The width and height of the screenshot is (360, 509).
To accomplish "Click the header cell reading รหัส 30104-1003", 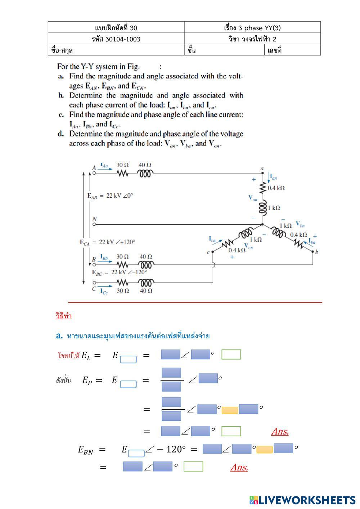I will point(116,39).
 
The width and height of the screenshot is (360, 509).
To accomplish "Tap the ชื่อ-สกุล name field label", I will point(62,50).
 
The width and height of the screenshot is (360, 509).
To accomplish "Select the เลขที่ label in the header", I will point(274,50).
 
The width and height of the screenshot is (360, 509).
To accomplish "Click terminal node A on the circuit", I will point(94,173).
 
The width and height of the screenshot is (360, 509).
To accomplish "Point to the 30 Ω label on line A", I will point(122,165).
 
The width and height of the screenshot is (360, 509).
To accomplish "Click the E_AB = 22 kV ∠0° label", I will point(110,196).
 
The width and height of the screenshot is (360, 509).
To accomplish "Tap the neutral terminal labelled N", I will point(94,224).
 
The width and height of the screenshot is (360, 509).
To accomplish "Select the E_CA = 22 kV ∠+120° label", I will point(107,242).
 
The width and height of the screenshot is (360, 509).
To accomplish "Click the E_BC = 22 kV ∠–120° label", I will point(120,272).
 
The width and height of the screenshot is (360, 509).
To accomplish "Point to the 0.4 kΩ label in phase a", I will point(276,188).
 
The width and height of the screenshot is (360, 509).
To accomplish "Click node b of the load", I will point(313,252).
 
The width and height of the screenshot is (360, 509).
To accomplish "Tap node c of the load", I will point(212,252).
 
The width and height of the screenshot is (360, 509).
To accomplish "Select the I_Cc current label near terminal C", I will point(104,291).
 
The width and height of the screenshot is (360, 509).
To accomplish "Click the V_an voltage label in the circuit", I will point(253,198).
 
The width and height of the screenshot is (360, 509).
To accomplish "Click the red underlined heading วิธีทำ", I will point(64,316).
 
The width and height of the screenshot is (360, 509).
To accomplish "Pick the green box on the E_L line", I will point(231,355).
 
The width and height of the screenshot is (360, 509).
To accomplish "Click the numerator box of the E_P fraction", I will point(171,373).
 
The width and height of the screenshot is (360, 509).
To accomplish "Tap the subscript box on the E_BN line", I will point(136,454).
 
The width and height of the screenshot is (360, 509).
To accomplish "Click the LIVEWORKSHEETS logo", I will point(302,500).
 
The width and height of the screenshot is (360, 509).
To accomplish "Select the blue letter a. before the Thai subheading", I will point(59,336).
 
